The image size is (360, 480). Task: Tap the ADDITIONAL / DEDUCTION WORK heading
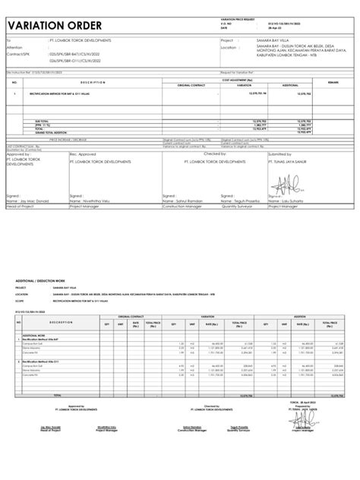point(46,280)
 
